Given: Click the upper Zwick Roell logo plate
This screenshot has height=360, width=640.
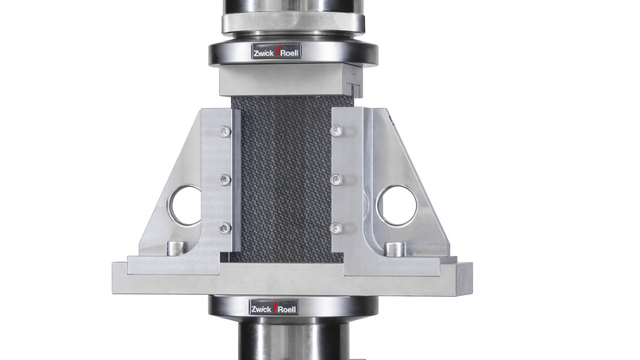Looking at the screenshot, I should (x=277, y=52).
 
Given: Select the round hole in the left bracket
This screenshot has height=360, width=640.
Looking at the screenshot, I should (x=185, y=206).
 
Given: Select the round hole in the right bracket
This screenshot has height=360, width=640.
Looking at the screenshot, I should (x=397, y=206).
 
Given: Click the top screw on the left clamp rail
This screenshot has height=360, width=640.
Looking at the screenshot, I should (x=225, y=132).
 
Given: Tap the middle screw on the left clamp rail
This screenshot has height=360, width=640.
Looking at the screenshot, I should (x=225, y=180).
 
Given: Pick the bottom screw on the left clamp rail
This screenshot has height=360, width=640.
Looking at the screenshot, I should (x=225, y=228).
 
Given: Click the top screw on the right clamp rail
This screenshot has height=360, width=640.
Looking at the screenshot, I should (x=336, y=132).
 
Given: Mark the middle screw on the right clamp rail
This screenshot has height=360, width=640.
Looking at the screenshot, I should (x=336, y=180).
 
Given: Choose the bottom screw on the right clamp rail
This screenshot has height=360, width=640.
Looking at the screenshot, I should (x=336, y=228).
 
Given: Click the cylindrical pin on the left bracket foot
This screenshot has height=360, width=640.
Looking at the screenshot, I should (x=176, y=248).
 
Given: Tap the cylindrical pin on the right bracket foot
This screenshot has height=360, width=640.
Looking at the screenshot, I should (x=395, y=249).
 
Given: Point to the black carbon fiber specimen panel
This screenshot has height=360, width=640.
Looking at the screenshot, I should (x=281, y=182).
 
